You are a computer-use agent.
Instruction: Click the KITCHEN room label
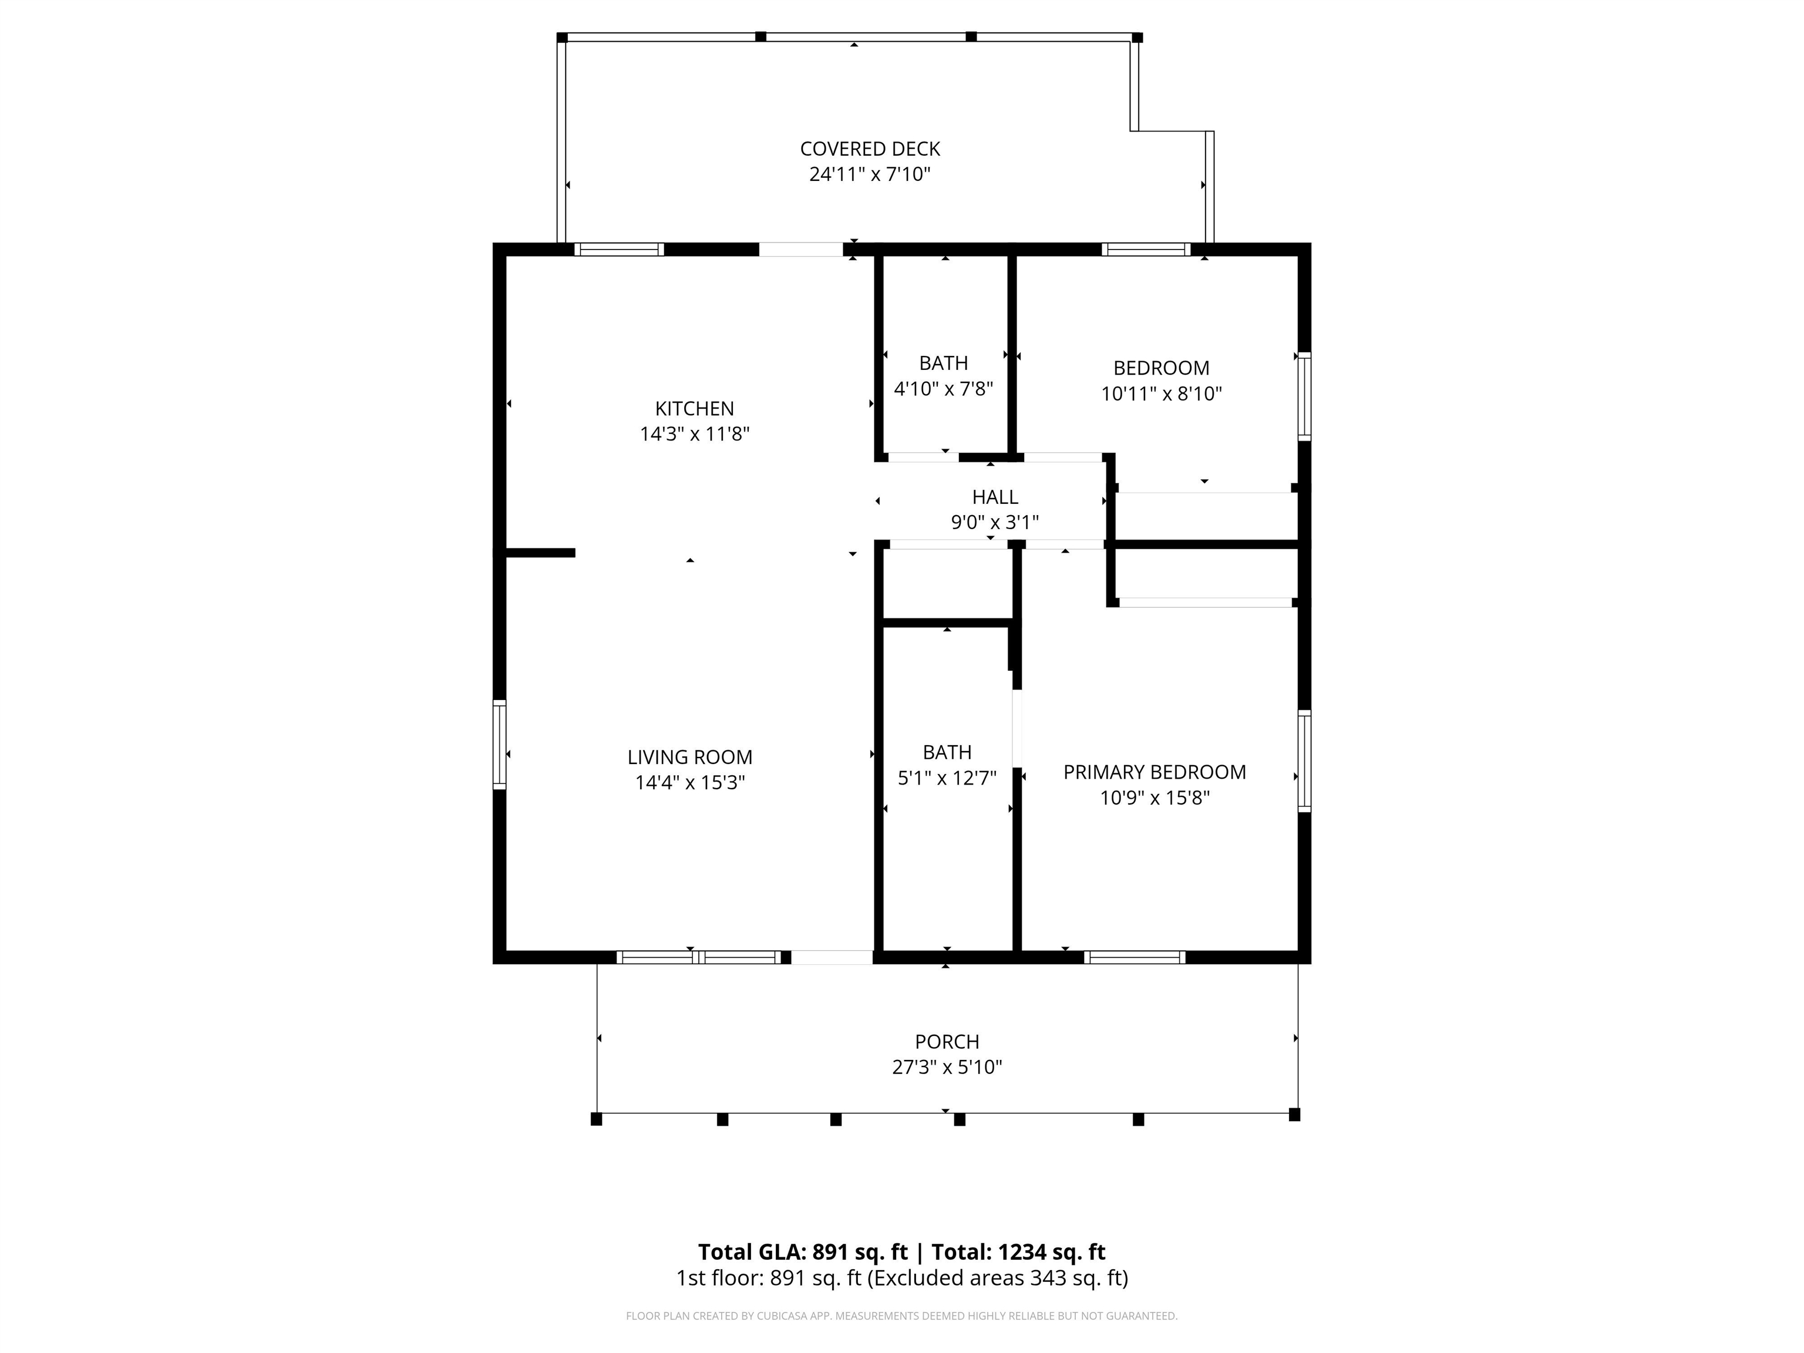(x=694, y=409)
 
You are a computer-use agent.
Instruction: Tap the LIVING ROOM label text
(x=690, y=757)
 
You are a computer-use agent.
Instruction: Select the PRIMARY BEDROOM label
(x=1154, y=772)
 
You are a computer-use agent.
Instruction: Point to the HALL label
(x=995, y=497)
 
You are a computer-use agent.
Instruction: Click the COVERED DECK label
(x=870, y=149)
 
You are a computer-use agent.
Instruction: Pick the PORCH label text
(x=947, y=1041)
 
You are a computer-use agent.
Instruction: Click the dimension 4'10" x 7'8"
(x=944, y=389)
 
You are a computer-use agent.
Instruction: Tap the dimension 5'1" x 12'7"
(x=947, y=778)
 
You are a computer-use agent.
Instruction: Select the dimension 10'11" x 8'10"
(x=1162, y=394)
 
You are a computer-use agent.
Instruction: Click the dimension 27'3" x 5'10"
(x=947, y=1067)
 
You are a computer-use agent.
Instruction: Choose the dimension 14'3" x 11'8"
(x=694, y=434)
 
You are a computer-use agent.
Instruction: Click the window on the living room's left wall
(x=499, y=745)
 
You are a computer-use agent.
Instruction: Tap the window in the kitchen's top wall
(x=619, y=250)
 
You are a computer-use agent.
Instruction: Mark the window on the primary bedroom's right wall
(x=1304, y=761)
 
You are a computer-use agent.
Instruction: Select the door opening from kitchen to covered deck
(x=801, y=250)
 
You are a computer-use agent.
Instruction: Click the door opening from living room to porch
(x=832, y=957)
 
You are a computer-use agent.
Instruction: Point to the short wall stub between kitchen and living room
(x=540, y=553)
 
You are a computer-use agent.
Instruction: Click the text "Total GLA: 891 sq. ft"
(x=803, y=1252)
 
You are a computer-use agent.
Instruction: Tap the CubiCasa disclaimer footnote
(x=901, y=1315)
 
